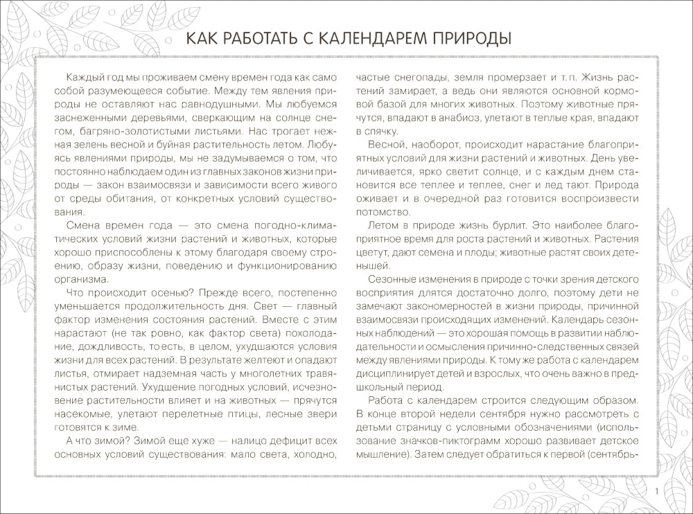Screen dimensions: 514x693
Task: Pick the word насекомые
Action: tap(80, 415)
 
